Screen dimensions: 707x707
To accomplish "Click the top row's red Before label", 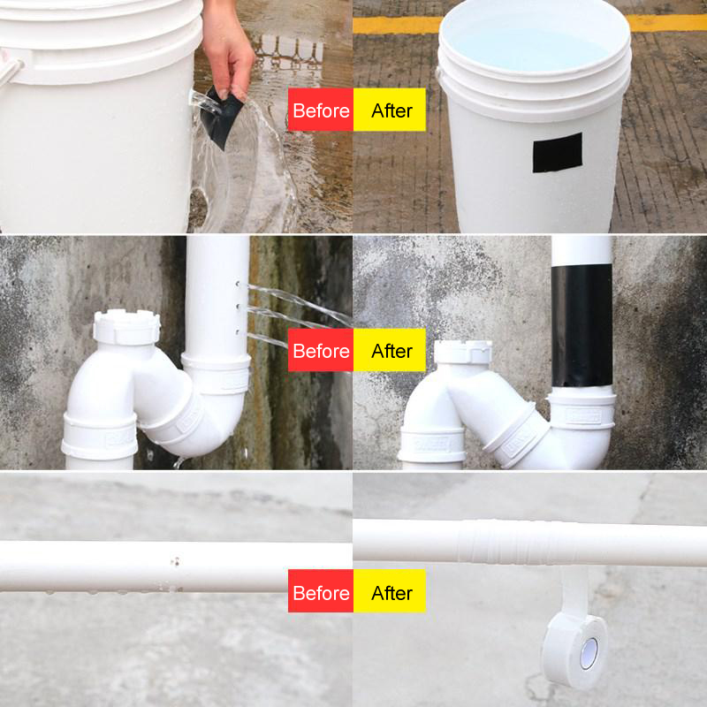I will pos(321,110).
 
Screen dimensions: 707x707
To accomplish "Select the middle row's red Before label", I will pos(321,351).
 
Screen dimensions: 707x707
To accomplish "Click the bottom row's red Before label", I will pos(321,592).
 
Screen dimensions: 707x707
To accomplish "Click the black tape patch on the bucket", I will pos(557,152).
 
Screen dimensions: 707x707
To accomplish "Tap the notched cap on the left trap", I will pos(126,328).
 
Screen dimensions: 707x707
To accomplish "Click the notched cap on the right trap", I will pos(462,351).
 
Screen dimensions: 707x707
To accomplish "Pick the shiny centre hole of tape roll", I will pos(587,653).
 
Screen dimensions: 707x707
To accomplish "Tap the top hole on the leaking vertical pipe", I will pos(239,285).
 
